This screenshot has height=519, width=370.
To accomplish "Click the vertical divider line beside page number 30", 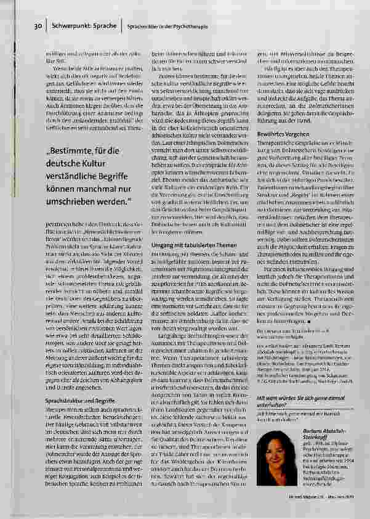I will pos(46,27).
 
